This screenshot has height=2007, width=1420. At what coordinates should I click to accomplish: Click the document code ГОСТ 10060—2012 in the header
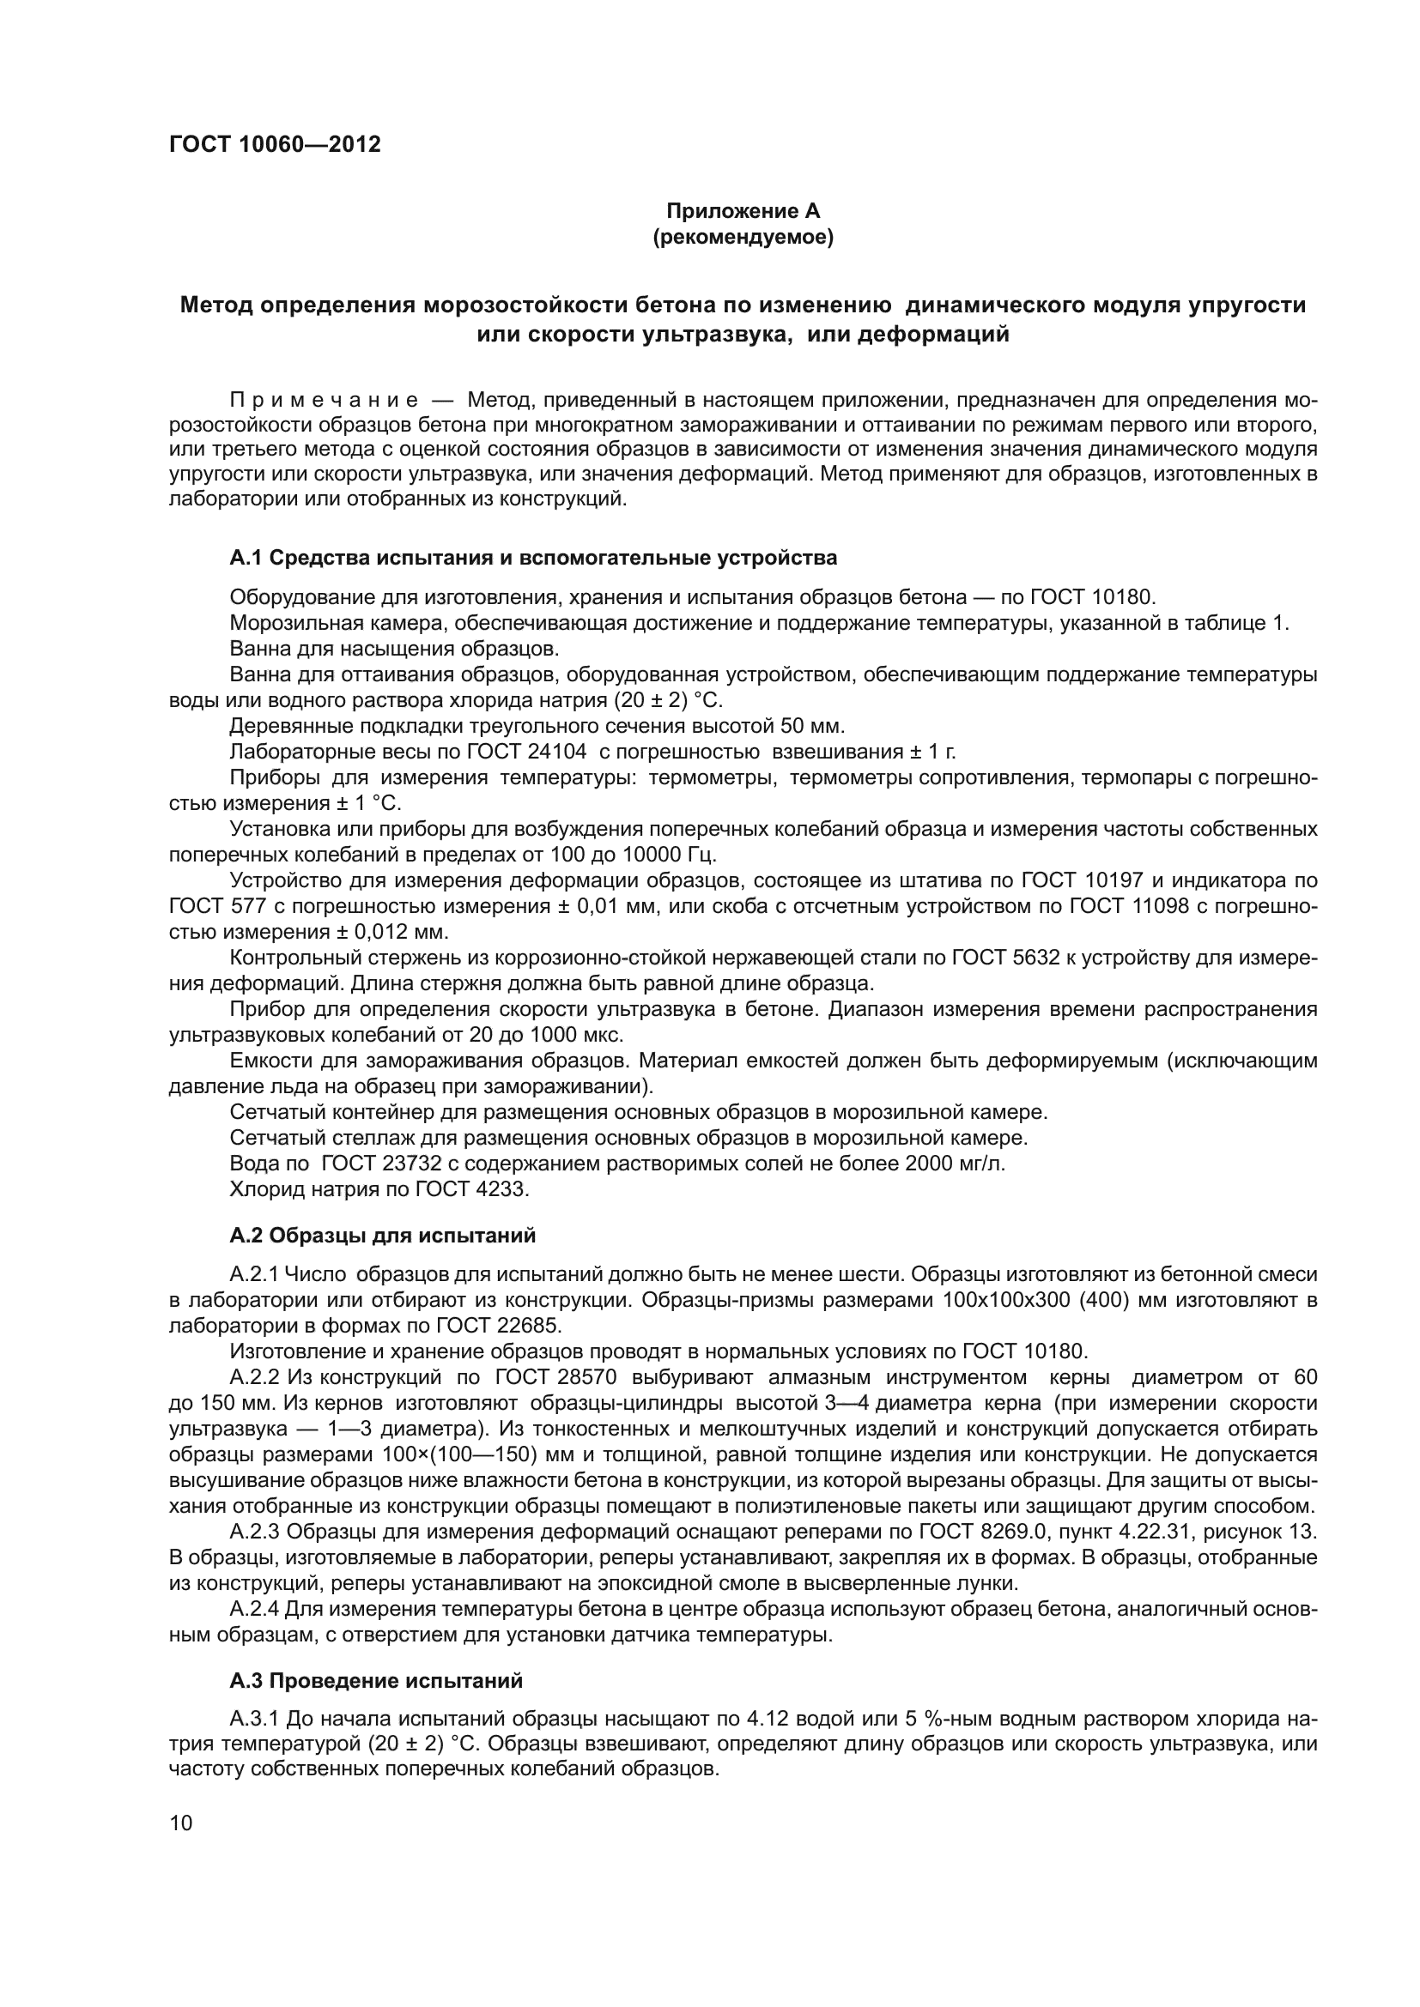(x=275, y=145)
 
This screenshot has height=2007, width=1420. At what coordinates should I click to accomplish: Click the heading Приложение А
(x=743, y=211)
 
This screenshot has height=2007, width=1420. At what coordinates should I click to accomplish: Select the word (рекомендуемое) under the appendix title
(x=743, y=237)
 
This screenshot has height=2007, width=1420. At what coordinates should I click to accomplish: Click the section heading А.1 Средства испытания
(x=533, y=558)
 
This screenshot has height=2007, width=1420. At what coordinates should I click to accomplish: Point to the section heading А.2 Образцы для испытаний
(x=382, y=1235)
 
